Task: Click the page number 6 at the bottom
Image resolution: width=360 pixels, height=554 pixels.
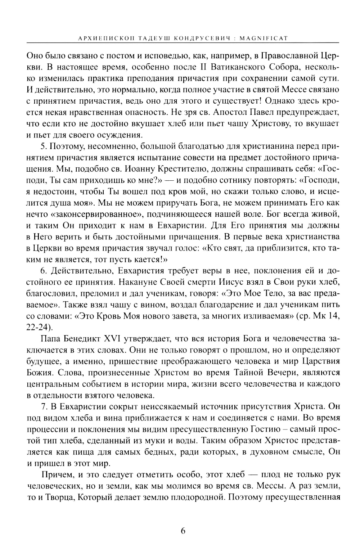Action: (183, 531)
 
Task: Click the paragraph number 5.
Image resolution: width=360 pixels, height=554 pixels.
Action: (44, 147)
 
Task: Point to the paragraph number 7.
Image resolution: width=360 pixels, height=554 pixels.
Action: (44, 407)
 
